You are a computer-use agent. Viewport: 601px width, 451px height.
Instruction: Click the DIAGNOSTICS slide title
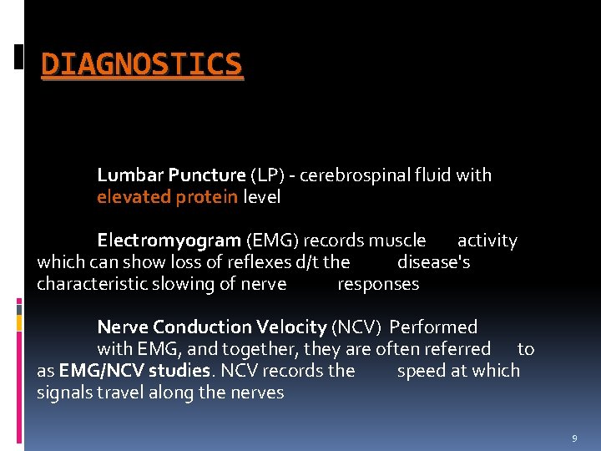(x=142, y=64)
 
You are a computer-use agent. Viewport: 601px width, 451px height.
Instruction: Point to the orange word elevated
(x=134, y=197)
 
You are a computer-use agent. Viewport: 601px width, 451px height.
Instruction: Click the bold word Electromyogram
(x=169, y=241)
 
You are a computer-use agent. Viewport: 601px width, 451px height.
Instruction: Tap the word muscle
(x=397, y=241)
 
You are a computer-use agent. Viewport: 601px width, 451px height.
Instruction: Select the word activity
(x=487, y=241)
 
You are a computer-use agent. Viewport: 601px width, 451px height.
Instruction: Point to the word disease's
(x=434, y=262)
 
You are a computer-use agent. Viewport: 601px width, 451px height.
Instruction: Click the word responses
(x=378, y=284)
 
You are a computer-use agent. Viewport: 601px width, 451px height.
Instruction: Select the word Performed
(x=433, y=327)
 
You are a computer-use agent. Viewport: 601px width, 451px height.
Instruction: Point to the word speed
(x=418, y=371)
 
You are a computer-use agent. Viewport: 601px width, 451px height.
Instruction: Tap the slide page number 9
(x=574, y=438)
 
